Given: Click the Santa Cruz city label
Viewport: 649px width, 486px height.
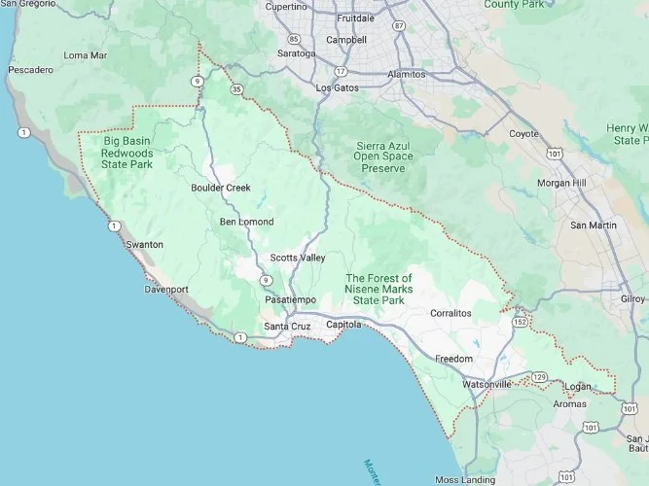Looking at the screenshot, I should (287, 326).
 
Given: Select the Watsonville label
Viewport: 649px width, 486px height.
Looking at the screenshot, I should (487, 385).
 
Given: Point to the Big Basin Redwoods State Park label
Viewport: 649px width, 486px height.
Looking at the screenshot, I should (128, 153).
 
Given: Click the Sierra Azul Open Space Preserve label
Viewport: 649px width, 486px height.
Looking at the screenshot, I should (382, 156).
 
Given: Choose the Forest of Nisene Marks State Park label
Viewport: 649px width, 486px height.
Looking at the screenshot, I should (379, 290).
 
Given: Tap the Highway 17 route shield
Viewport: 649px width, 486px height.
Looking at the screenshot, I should (341, 72).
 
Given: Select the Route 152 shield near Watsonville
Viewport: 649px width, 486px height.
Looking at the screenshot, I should (521, 322).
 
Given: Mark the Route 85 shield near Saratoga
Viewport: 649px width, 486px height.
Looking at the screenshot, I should (293, 40).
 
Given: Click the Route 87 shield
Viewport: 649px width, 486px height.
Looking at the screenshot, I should (399, 26).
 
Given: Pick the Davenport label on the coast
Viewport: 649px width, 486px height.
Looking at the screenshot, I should (165, 290).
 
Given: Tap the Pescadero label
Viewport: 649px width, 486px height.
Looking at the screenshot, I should (30, 71).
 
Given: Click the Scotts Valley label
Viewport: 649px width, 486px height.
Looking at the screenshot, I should (298, 258).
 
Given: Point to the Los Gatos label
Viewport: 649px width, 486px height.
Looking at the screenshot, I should (338, 87).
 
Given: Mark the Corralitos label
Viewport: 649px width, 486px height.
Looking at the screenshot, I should (451, 314).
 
